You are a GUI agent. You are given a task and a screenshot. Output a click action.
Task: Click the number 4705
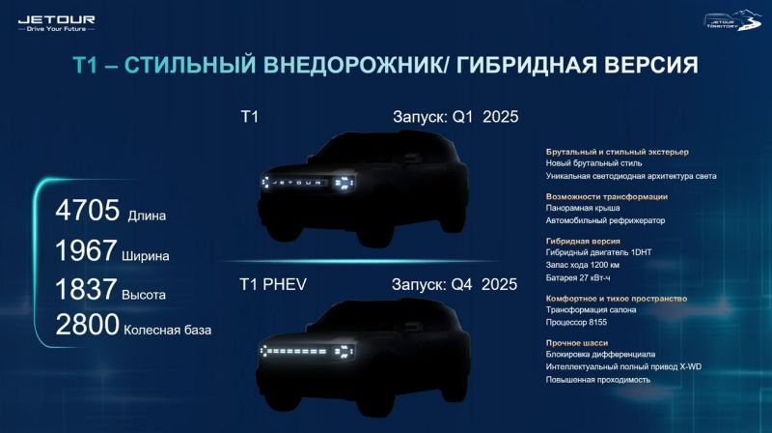[88, 209]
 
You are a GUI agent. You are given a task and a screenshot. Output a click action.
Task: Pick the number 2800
[88, 326]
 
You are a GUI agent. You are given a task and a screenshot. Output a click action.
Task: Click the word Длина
[147, 216]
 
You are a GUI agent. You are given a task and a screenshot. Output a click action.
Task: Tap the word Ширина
[148, 257]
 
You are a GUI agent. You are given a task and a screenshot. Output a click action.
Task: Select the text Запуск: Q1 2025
[455, 117]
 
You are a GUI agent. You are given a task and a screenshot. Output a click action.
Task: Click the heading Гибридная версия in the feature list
[582, 241]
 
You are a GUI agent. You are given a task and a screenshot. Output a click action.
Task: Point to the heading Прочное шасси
[578, 342]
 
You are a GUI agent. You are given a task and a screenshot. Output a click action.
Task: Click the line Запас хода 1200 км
[589, 265]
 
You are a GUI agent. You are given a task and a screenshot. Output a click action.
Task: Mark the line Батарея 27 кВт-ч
[586, 277]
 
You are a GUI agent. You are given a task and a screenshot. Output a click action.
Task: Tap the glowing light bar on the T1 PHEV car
[299, 350]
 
